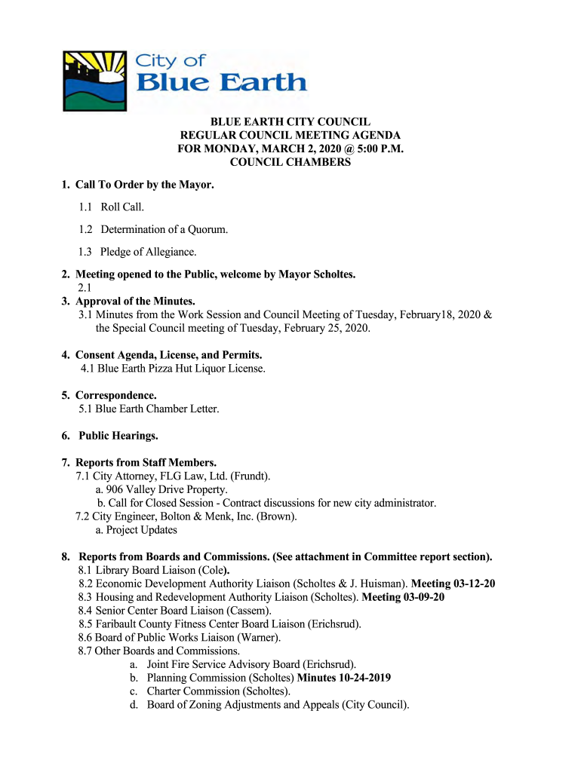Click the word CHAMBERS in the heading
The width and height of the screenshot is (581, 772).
coord(318,163)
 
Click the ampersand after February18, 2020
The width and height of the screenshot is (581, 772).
coord(487,314)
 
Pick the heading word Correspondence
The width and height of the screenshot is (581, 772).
coord(115,395)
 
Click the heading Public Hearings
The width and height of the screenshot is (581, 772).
coord(118,436)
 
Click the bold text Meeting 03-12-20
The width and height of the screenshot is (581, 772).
coord(453,584)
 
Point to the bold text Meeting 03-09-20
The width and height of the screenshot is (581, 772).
coord(404,597)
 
